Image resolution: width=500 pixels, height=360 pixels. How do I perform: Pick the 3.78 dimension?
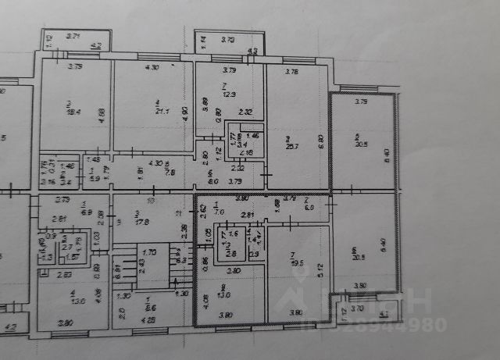[291, 72]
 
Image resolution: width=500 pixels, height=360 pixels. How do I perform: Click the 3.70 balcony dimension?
[357, 309]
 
